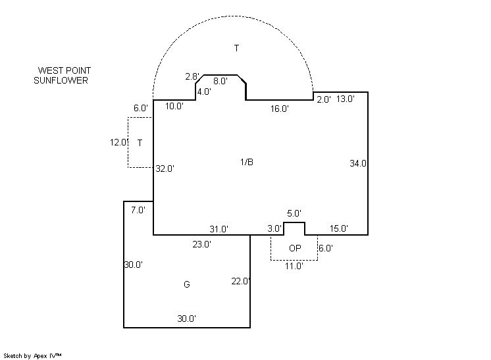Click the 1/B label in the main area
247,162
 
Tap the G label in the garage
187,284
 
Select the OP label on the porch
295,248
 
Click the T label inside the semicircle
237,48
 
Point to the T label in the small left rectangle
140,143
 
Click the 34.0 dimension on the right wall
358,163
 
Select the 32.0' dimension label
165,168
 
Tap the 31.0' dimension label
219,229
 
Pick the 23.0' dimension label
201,244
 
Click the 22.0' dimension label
240,281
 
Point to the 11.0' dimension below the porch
294,266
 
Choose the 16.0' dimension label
280,109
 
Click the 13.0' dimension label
346,99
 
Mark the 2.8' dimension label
192,76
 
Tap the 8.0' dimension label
220,81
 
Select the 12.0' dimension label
119,142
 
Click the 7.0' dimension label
138,210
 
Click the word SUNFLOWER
61,80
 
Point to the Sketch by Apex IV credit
32,355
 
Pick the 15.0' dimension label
339,228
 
